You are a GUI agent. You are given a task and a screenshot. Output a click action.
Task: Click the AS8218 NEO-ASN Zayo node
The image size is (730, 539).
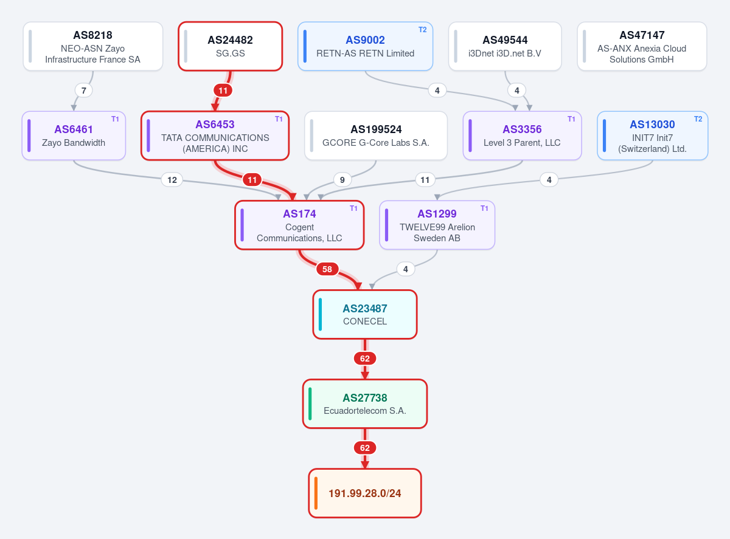(x=93, y=46)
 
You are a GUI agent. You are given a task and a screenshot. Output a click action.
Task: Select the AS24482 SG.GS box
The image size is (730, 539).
(x=231, y=46)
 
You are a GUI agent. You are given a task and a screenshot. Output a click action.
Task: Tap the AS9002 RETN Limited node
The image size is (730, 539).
(x=366, y=46)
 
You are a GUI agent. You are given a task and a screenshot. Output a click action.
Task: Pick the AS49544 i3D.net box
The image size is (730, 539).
(x=505, y=46)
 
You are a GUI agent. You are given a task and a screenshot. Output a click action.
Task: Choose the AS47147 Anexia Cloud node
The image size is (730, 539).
(x=642, y=46)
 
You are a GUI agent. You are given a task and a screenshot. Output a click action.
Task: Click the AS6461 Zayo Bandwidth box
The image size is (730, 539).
(x=74, y=136)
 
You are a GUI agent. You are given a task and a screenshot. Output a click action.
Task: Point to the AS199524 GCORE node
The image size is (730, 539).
(x=376, y=136)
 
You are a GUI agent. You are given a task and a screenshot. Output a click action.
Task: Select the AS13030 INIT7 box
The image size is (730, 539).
(x=652, y=136)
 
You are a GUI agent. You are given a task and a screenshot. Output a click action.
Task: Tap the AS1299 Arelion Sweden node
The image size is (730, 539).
(x=437, y=225)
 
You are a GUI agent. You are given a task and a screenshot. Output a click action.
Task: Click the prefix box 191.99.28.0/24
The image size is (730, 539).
(x=364, y=493)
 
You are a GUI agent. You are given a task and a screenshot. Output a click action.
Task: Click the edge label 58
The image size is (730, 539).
(x=327, y=269)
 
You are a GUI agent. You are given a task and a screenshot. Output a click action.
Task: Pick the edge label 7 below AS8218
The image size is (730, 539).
(x=83, y=91)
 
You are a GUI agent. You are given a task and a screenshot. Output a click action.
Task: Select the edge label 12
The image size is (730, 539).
(x=172, y=180)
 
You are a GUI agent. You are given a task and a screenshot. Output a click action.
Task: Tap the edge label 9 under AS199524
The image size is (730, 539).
(x=342, y=180)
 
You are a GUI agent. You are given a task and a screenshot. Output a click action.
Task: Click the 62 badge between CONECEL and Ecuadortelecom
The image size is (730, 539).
(x=364, y=359)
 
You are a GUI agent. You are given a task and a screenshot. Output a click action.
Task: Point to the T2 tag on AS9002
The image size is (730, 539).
(x=423, y=30)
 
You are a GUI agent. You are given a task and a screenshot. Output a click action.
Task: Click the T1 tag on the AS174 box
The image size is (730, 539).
(x=353, y=208)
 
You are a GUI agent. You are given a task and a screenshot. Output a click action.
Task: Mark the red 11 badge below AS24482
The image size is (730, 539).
(x=223, y=91)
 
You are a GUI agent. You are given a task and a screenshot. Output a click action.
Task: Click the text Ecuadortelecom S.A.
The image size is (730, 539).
(x=364, y=411)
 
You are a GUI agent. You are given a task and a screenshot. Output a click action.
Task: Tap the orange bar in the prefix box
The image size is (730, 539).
(x=316, y=493)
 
